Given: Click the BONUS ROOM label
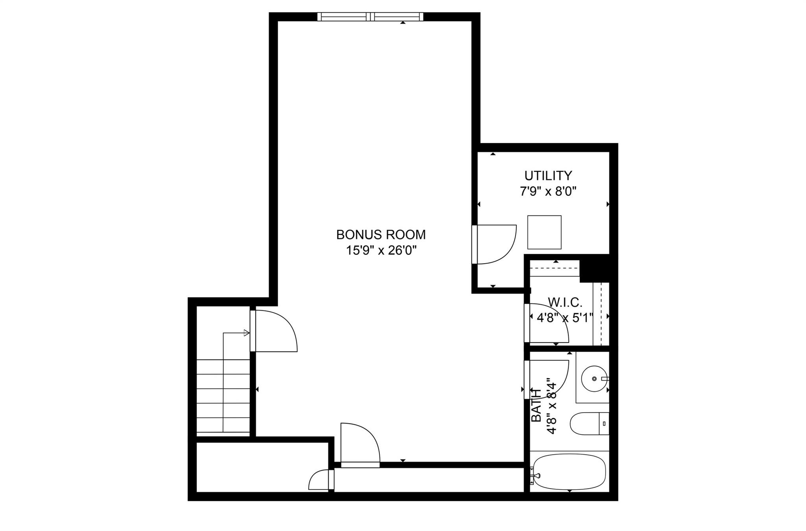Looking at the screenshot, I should point(381,234).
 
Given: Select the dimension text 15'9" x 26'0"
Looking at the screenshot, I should point(381,250).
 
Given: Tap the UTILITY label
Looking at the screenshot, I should point(548,175).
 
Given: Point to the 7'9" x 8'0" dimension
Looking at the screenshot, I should point(548,192).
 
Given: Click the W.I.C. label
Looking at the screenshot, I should point(565,302).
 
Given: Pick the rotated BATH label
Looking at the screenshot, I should point(536,405).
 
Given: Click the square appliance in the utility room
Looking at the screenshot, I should point(544,232).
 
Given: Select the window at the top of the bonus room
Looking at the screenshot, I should point(370,17).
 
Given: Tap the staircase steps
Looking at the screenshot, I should point(223,395).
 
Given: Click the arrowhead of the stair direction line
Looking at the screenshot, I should point(247,333).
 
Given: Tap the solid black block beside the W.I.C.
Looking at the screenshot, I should point(594,267).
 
